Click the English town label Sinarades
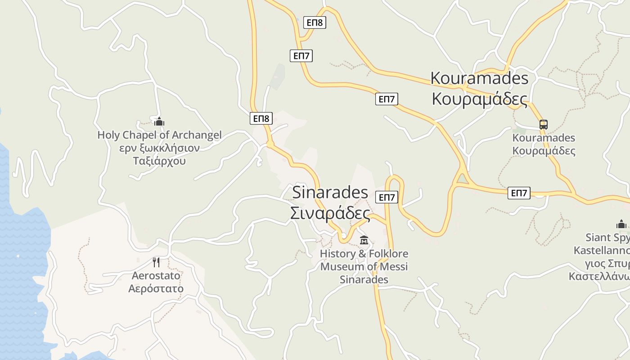click(330, 192)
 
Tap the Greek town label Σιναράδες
click(330, 213)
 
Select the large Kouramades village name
click(479, 78)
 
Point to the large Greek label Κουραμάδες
click(479, 99)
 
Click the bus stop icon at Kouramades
click(544, 125)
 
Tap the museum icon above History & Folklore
click(364, 240)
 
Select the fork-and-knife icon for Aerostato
click(156, 262)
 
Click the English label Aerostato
click(156, 275)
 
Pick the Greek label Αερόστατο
click(156, 288)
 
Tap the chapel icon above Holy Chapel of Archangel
click(159, 121)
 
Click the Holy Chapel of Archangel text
click(159, 135)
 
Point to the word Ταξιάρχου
click(159, 161)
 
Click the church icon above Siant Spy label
click(621, 224)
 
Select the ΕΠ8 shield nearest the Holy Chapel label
click(261, 119)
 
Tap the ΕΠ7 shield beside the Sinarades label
click(387, 197)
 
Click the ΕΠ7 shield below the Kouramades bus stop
click(519, 193)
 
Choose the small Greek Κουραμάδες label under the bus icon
click(544, 151)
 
